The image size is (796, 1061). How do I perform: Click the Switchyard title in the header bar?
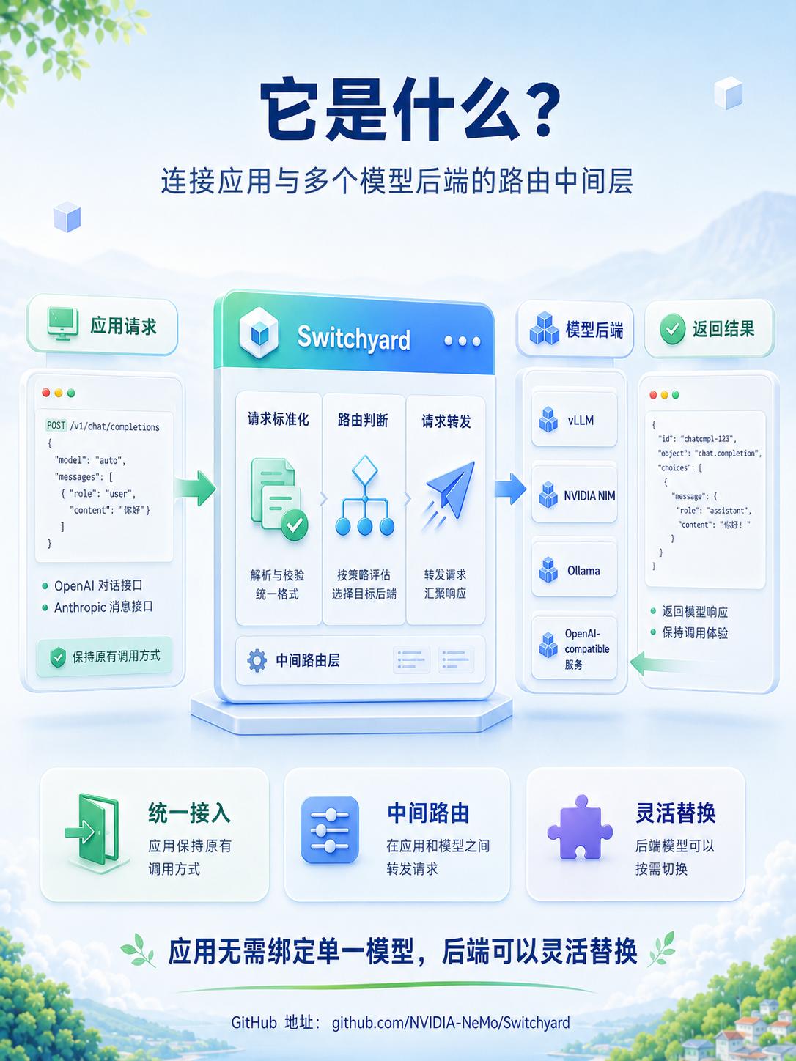[x=353, y=338]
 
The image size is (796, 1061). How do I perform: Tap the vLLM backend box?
[x=574, y=419]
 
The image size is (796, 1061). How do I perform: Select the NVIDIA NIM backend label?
[x=589, y=495]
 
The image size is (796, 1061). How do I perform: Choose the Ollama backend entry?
[x=574, y=570]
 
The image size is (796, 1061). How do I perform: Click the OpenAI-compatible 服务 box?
[x=574, y=648]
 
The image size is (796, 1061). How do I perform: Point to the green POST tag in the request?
[x=56, y=426]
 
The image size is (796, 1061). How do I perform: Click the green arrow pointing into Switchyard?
[x=195, y=488]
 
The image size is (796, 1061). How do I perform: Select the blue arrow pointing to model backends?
[x=510, y=489]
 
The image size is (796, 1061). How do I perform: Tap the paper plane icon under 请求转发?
[x=448, y=494]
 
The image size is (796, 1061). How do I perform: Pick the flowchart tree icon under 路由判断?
[x=365, y=495]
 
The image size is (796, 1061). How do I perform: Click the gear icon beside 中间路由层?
[x=257, y=660]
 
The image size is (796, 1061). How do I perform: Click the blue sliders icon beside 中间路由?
[x=330, y=829]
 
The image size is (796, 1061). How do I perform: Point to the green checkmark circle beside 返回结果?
[x=672, y=329]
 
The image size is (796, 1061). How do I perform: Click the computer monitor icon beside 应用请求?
[x=63, y=323]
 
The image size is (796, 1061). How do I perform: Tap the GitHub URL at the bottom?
[x=451, y=1022]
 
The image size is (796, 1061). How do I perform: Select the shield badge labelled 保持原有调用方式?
[x=104, y=657]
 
